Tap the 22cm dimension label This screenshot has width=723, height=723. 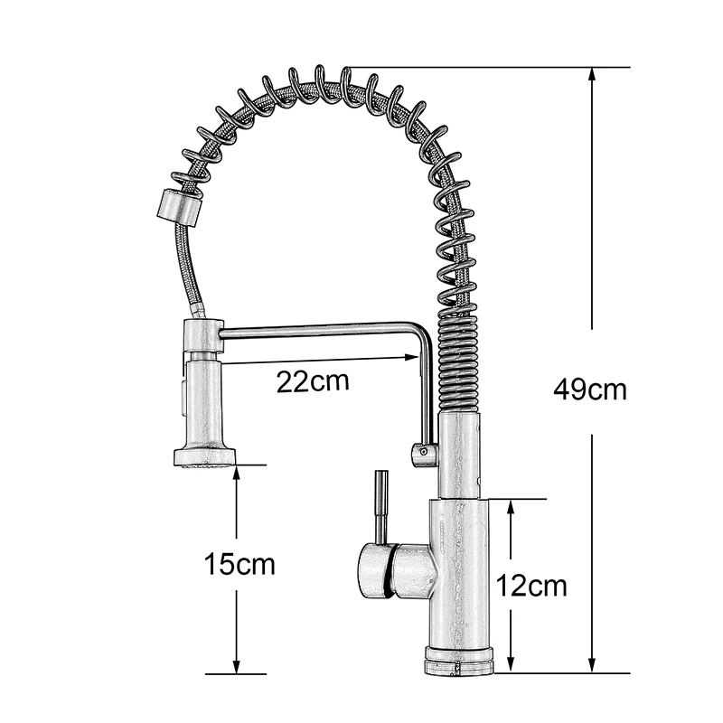(313, 381)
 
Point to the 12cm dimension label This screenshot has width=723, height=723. (531, 586)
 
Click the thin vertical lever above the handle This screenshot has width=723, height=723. (381, 506)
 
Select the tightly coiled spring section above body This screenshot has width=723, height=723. (457, 361)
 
